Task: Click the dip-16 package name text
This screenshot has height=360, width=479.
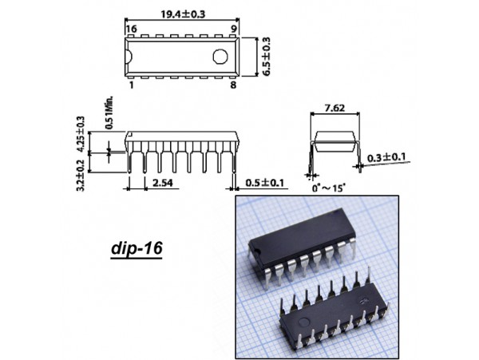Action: (x=136, y=248)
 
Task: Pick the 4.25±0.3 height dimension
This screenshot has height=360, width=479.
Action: (x=79, y=132)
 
